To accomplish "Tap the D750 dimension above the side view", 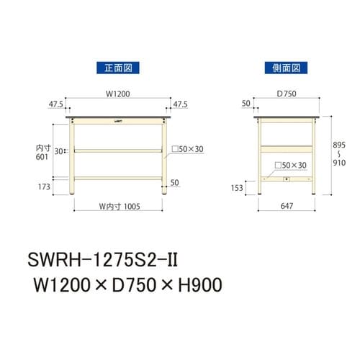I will tap(286, 93).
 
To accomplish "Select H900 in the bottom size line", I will tap(197, 285).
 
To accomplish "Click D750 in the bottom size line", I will tap(134, 285).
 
